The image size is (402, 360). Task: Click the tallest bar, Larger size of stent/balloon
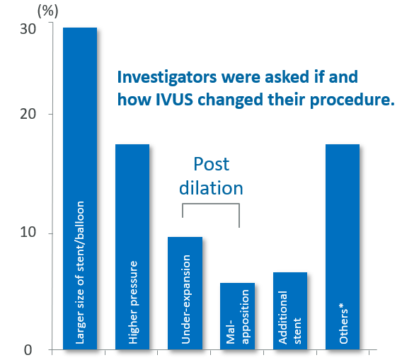tap(80, 188)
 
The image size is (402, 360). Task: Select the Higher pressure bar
tap(132, 247)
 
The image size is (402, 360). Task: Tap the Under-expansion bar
tap(185, 293)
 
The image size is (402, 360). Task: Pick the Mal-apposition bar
tap(237, 316)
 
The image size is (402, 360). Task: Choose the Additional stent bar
tap(290, 310)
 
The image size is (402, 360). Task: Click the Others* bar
tap(343, 247)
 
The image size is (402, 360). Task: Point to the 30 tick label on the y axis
tap(28, 29)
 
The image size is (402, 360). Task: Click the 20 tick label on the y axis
tap(28, 114)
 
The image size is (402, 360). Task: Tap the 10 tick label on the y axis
tap(28, 232)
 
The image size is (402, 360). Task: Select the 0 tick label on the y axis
tap(28, 350)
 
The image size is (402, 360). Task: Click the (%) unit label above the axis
tap(48, 11)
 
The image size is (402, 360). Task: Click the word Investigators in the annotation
tap(167, 77)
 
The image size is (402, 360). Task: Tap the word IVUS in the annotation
tap(174, 100)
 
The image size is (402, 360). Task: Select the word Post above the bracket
tap(211, 164)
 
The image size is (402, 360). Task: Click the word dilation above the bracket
tap(211, 188)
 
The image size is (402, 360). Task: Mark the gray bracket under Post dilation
tap(211, 204)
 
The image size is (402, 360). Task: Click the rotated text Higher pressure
tap(133, 302)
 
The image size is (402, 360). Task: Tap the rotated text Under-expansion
tap(185, 299)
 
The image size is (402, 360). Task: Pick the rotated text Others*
tap(343, 323)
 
